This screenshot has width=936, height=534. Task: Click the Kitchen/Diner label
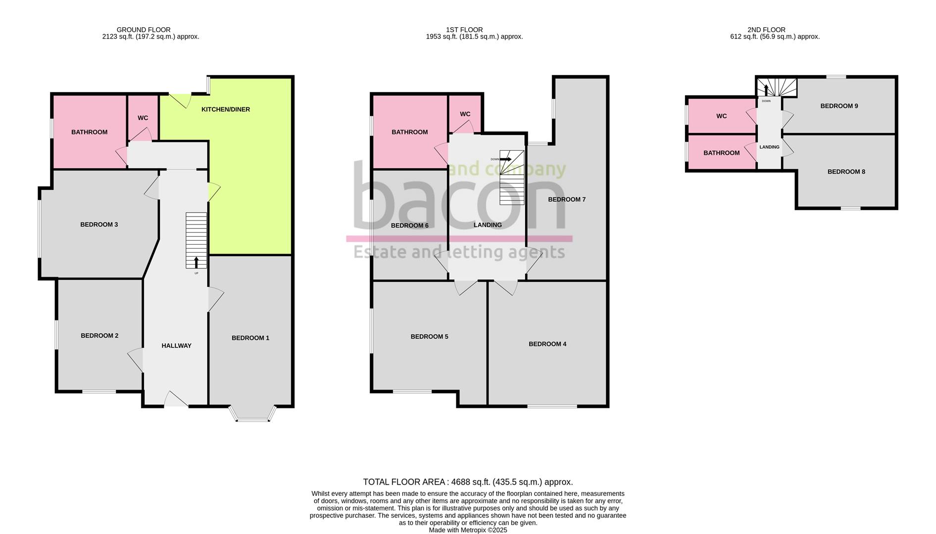click(x=226, y=109)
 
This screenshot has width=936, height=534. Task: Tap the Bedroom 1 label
click(x=250, y=338)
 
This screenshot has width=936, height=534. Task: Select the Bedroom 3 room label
click(x=99, y=224)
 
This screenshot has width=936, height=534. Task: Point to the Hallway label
click(x=176, y=346)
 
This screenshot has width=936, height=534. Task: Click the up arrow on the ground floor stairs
click(x=197, y=262)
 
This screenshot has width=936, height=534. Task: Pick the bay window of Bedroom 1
click(x=252, y=414)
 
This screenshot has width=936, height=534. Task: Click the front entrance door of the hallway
click(x=176, y=399)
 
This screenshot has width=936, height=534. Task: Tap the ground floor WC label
click(x=143, y=118)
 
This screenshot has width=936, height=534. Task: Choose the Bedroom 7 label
click(x=567, y=200)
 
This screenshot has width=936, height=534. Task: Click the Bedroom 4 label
click(x=547, y=344)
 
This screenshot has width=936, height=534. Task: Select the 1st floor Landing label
click(x=488, y=225)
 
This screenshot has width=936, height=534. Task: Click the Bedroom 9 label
click(x=839, y=106)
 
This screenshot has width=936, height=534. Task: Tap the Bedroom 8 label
click(x=846, y=172)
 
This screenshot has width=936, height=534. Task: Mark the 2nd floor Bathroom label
click(x=722, y=153)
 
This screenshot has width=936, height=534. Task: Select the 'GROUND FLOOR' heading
click(x=144, y=30)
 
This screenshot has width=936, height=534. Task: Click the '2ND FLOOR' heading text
click(x=767, y=30)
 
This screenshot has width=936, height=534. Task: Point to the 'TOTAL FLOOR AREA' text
click(x=404, y=482)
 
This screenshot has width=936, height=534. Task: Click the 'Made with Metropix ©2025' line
click(x=468, y=530)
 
